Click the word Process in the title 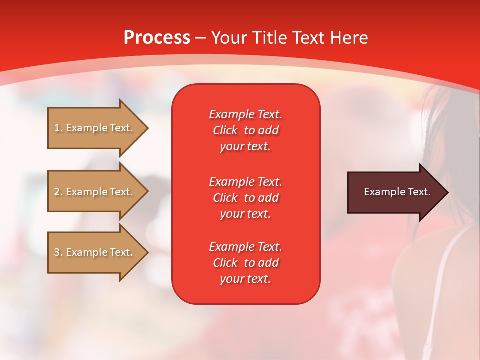tap(157, 38)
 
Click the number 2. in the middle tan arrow tap(58, 192)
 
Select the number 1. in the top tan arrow tap(58, 128)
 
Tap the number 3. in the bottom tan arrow tap(58, 252)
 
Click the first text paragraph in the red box tap(245, 130)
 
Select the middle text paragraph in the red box tap(245, 198)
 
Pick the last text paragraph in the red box tap(245, 263)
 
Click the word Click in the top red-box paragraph tap(225, 130)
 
